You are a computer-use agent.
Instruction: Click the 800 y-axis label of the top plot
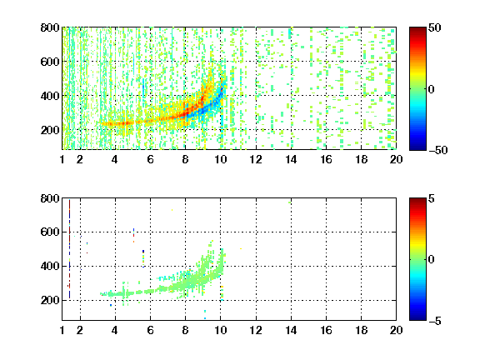[50, 27]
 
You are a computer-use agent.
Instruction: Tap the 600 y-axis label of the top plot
[50, 62]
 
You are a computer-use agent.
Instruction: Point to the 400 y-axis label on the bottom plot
[50, 266]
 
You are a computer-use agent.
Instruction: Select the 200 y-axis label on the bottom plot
[50, 300]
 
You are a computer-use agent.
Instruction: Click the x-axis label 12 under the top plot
[256, 159]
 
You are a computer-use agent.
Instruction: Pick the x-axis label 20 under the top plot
[396, 159]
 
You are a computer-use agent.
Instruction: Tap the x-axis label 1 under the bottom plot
[62, 330]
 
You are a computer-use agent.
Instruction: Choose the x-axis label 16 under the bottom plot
[326, 330]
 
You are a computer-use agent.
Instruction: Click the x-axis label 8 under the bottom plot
[185, 330]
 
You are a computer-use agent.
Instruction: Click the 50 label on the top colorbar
[434, 27]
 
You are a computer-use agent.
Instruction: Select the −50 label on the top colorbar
[438, 150]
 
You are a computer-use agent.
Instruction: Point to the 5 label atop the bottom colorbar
[432, 198]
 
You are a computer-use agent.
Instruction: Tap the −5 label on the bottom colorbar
[435, 321]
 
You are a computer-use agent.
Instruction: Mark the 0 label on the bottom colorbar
[432, 260]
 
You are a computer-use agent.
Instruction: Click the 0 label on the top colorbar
[432, 89]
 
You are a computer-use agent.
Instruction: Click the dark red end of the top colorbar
[417, 29]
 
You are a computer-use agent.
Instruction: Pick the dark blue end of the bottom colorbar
[417, 318]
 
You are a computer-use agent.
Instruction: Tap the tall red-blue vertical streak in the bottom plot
[69, 249]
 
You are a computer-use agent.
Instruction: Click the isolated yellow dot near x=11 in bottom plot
[241, 248]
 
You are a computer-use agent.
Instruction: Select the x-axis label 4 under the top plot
[115, 159]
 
